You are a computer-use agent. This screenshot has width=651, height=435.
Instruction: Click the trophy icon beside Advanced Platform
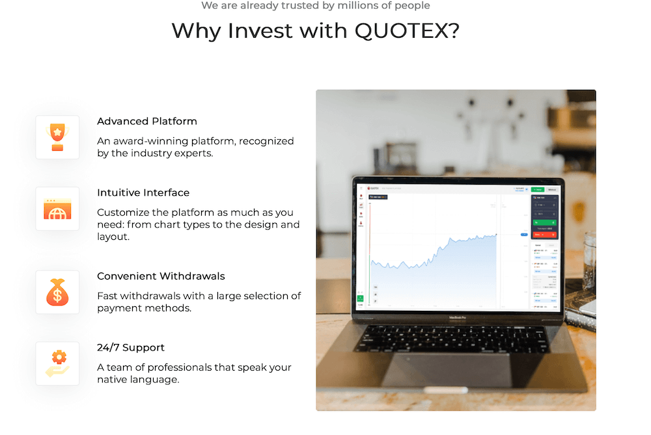coord(57,137)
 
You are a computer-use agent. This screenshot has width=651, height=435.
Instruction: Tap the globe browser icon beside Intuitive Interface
coord(57,209)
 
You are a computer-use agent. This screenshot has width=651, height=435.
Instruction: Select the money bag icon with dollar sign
coord(57,292)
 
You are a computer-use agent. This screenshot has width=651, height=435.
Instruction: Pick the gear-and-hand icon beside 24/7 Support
coord(57,363)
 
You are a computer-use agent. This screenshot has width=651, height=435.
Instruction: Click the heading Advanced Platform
coord(147,122)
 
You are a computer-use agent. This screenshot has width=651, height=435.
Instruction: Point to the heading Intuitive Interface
coord(143,193)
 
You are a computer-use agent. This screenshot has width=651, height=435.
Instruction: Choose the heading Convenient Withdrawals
coord(161,276)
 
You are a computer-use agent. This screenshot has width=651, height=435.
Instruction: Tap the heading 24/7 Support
coord(131,348)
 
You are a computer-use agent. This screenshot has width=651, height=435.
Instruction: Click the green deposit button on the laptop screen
coord(537,189)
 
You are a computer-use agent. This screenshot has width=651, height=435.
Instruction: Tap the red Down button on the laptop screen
coord(544,234)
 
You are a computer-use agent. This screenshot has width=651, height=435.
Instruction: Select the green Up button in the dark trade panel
coord(544,223)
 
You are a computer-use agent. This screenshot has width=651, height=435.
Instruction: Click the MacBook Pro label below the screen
coord(456,317)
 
